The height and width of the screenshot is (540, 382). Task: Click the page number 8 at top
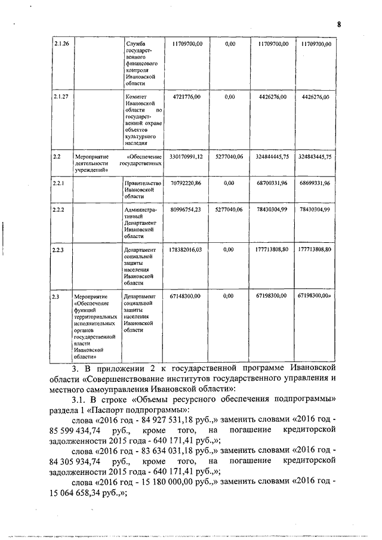tap(339, 24)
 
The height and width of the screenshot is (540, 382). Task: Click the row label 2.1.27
tap(61, 96)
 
